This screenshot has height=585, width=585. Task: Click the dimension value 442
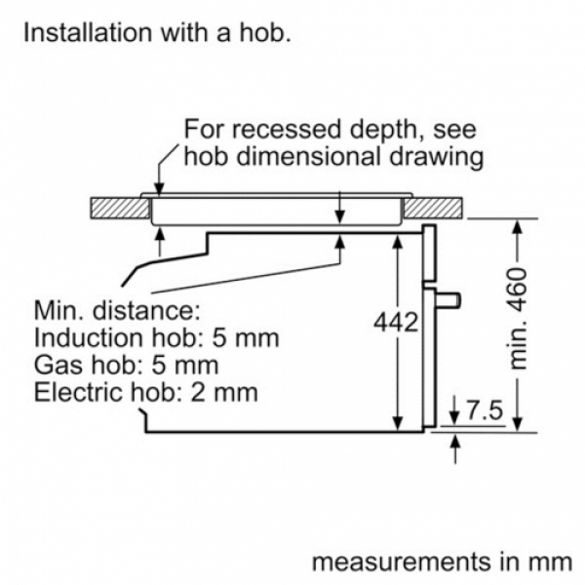[x=396, y=322]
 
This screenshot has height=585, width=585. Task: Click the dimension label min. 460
[x=518, y=318]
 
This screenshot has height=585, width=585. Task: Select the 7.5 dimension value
[x=485, y=410]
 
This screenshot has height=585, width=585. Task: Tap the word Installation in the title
[x=88, y=32]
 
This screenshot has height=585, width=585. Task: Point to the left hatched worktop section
[x=120, y=208]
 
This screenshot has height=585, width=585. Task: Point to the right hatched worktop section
[x=433, y=208]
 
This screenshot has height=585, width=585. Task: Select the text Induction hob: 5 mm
[x=156, y=338]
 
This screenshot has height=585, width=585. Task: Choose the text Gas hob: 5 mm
[x=126, y=365]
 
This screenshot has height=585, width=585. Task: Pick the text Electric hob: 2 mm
[x=146, y=393]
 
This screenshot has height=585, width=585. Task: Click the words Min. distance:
[x=117, y=310]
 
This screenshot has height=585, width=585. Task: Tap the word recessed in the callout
[x=289, y=129]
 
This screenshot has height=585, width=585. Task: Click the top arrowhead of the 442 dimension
[x=398, y=242]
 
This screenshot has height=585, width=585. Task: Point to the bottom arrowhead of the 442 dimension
[x=398, y=423]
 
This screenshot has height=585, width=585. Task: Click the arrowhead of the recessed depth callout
[x=159, y=189]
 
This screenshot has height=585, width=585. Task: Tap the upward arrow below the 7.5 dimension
[x=454, y=448]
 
